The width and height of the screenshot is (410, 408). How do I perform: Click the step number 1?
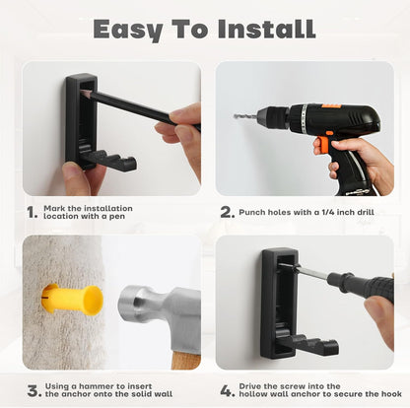(x=33, y=211)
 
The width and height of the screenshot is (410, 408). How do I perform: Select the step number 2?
(x=226, y=211)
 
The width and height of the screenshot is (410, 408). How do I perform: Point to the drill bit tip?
(x=238, y=116)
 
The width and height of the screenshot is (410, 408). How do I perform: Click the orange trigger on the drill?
(x=321, y=146)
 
